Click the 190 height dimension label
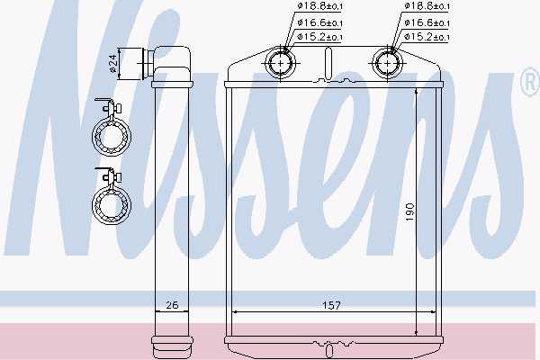pos(409,211)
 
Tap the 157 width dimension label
pos(331,305)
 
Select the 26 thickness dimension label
pos(172,305)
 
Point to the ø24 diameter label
pos(113,64)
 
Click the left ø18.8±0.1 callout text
pos(319,6)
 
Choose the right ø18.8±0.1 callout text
pos(427,6)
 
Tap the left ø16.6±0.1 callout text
pos(319,22)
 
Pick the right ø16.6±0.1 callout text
pos(427,22)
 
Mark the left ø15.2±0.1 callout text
pos(319,37)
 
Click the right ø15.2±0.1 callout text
pos(427,37)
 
